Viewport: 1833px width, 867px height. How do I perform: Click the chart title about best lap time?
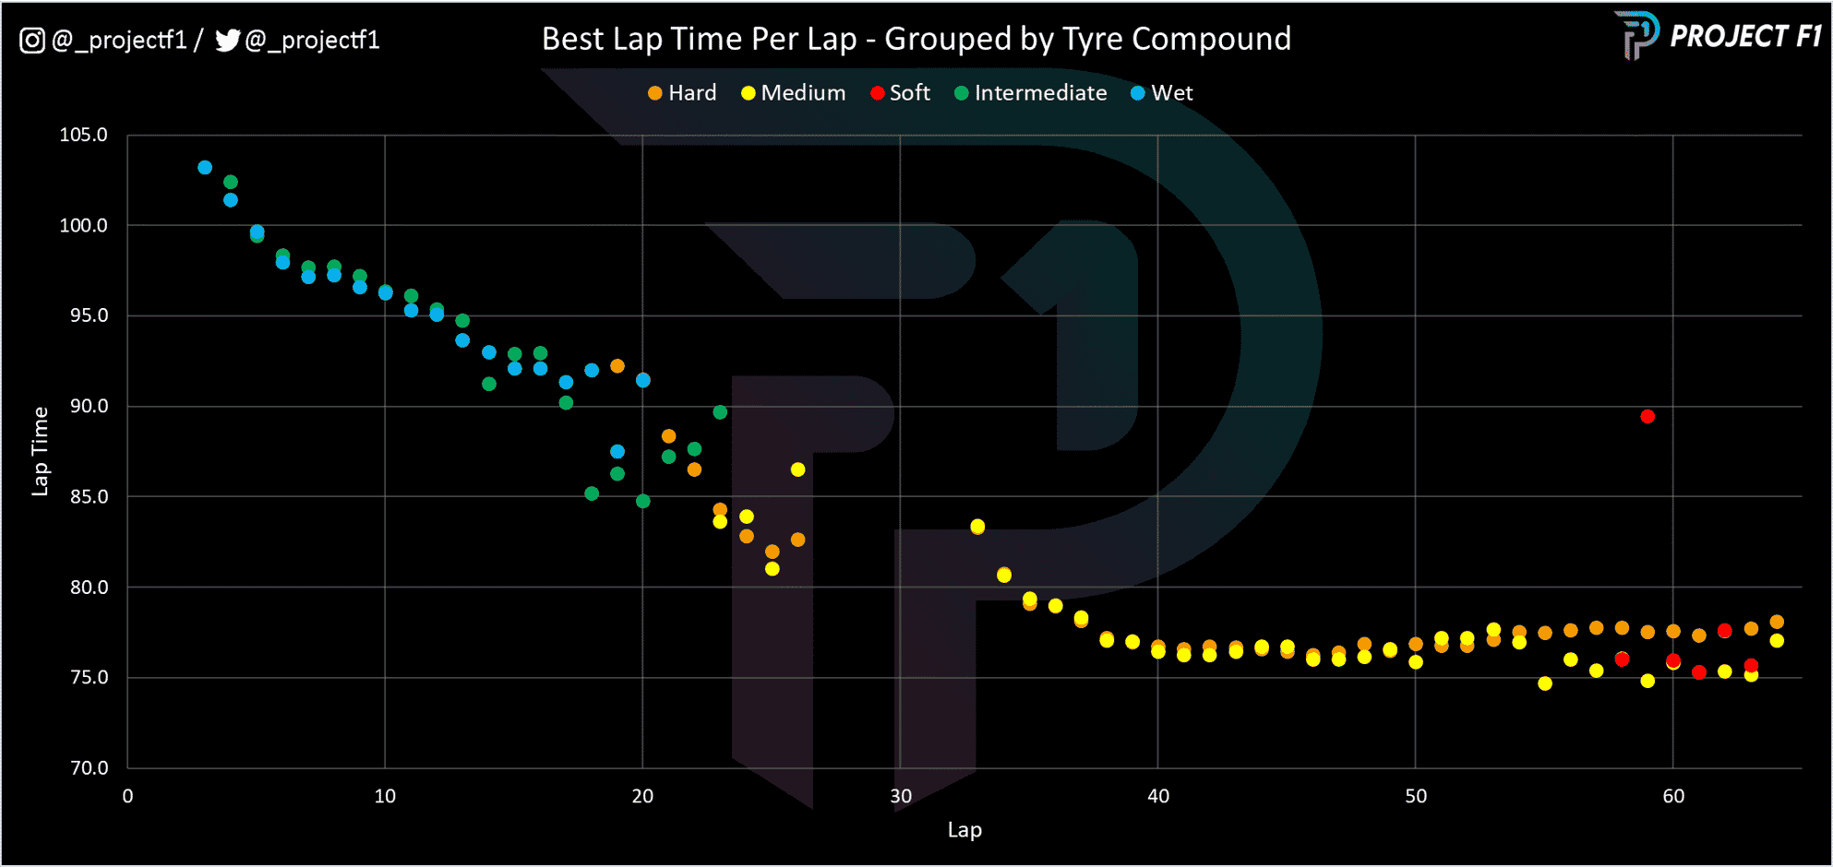pos(916,39)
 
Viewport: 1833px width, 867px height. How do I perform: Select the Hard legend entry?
pos(683,93)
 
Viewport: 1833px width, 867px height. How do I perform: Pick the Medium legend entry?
pos(794,93)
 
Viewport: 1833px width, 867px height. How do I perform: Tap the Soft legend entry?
pos(901,93)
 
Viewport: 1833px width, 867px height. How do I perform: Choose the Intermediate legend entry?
pos(1031,93)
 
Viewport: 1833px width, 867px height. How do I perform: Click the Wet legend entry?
pos(1162,93)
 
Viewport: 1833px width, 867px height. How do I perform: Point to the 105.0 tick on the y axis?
pos(83,135)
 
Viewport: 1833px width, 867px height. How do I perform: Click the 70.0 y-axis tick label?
pos(89,767)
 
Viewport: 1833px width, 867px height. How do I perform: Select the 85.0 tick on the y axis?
pos(89,496)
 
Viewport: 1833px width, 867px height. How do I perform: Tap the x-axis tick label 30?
pos(900,796)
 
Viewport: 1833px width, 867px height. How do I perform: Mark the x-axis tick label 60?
pos(1672,796)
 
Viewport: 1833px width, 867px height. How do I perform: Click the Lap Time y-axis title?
pos(40,451)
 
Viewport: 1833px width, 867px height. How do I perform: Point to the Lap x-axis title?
pos(964,830)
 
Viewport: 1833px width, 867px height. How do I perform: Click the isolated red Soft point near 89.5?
pos(1647,417)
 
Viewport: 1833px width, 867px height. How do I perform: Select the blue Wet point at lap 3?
pos(205,168)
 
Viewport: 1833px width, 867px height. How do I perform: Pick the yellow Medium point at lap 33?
pos(977,527)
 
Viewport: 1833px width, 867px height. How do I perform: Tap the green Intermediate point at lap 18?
pos(592,493)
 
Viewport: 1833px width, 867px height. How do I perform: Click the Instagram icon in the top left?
pos(32,41)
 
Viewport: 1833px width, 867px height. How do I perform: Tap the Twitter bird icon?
pos(227,41)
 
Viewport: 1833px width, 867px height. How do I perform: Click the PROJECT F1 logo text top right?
pos(1744,37)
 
